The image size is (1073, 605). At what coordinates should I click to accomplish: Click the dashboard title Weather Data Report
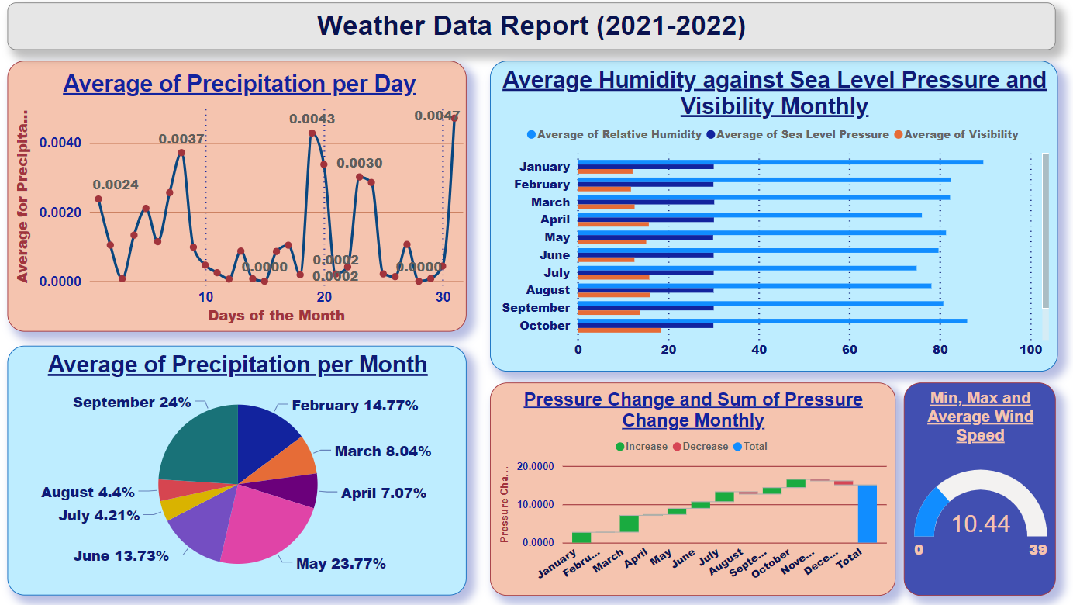[x=531, y=26]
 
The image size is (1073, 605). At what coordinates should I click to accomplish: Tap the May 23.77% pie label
[x=340, y=564]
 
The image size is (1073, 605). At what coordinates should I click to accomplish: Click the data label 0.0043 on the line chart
[x=312, y=119]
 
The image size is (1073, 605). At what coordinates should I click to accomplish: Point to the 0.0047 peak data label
[x=437, y=116]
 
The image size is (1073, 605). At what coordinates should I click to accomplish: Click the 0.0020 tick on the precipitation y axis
[x=60, y=213]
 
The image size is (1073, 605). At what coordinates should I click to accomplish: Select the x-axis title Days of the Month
[x=276, y=316]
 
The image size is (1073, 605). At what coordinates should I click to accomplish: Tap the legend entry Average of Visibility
[x=961, y=135]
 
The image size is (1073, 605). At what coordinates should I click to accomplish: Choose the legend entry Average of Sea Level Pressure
[x=802, y=135]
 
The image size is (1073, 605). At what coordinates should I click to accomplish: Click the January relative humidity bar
[x=780, y=162]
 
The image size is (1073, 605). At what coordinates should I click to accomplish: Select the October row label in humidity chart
[x=544, y=326]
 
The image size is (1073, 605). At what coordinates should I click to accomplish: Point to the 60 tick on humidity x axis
[x=850, y=350]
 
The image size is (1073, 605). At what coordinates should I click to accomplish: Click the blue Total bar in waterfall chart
[x=867, y=513]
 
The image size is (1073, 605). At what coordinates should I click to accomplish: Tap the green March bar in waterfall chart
[x=629, y=524]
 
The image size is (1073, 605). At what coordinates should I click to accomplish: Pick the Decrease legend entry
[x=705, y=447]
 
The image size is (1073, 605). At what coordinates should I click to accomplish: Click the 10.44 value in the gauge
[x=980, y=524]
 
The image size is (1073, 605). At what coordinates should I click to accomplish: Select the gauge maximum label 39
[x=1037, y=550]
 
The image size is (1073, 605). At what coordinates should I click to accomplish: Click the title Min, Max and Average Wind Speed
[x=980, y=417]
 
